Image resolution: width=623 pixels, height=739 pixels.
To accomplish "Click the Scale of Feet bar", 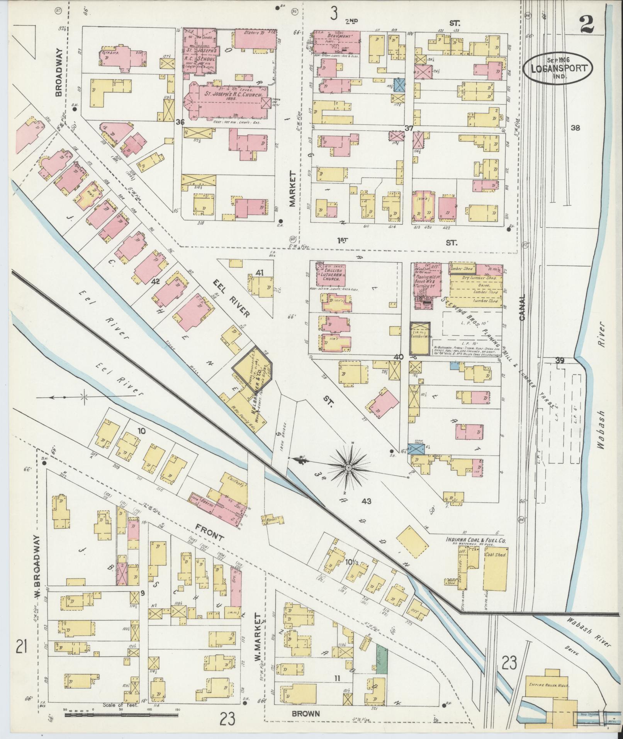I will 121,715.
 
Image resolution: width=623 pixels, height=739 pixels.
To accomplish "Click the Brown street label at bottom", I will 306,714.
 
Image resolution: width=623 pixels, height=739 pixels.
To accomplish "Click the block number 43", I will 367,501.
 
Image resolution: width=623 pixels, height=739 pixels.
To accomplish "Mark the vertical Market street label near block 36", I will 292,189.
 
